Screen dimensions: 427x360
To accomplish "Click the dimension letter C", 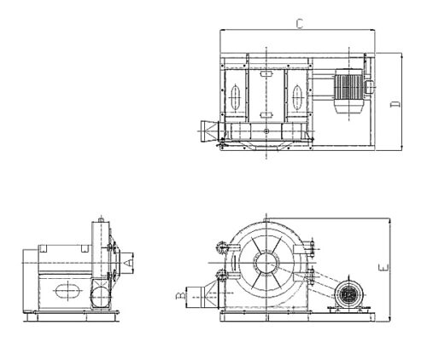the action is pos(300,24).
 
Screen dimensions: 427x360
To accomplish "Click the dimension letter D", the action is pos(395,104).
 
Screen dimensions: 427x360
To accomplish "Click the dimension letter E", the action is pos(383,268).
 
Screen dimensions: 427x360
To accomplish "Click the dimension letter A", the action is pos(129,263).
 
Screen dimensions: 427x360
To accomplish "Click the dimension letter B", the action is pos(180,296).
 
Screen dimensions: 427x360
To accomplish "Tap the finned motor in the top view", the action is pos(348,91).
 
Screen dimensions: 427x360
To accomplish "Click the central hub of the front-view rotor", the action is pos(266,263).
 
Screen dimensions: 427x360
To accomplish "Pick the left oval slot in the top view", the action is pos(235,97).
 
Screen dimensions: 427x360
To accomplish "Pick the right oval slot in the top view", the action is pos(297,97).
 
